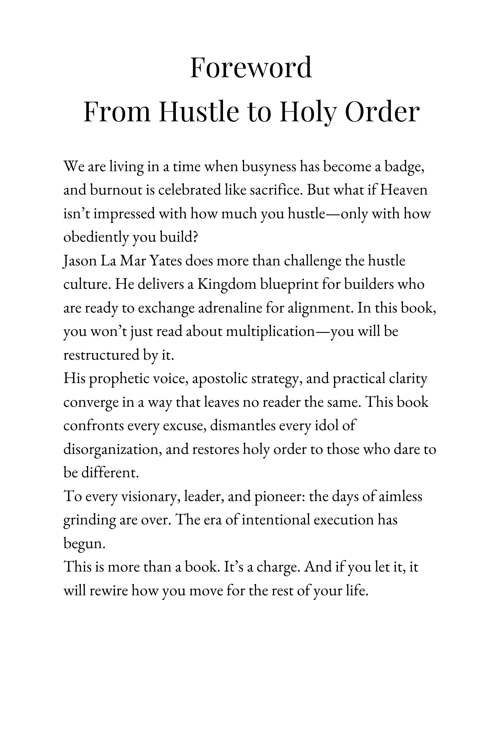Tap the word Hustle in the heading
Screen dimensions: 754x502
click(198, 112)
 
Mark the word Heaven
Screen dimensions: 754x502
click(404, 190)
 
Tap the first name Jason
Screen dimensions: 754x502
click(79, 261)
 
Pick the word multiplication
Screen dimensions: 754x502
click(270, 332)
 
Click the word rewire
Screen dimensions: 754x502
click(109, 591)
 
